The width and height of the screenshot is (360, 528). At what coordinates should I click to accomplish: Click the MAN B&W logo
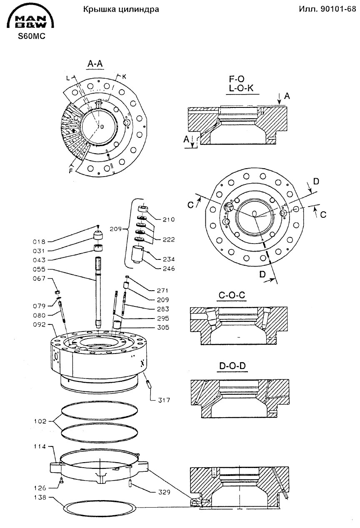tap(30, 18)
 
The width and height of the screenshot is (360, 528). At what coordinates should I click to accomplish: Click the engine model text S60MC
tap(32, 36)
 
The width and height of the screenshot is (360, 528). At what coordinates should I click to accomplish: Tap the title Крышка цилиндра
tap(121, 9)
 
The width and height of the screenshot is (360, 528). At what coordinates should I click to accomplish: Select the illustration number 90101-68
tap(338, 9)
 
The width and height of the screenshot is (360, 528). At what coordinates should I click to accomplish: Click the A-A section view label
tap(95, 64)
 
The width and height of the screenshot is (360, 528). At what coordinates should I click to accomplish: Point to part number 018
tap(39, 242)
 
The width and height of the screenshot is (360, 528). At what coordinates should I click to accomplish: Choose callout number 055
tap(39, 269)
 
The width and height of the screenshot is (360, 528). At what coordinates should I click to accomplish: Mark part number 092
tap(39, 324)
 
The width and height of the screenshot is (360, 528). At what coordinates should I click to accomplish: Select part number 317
tap(163, 400)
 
